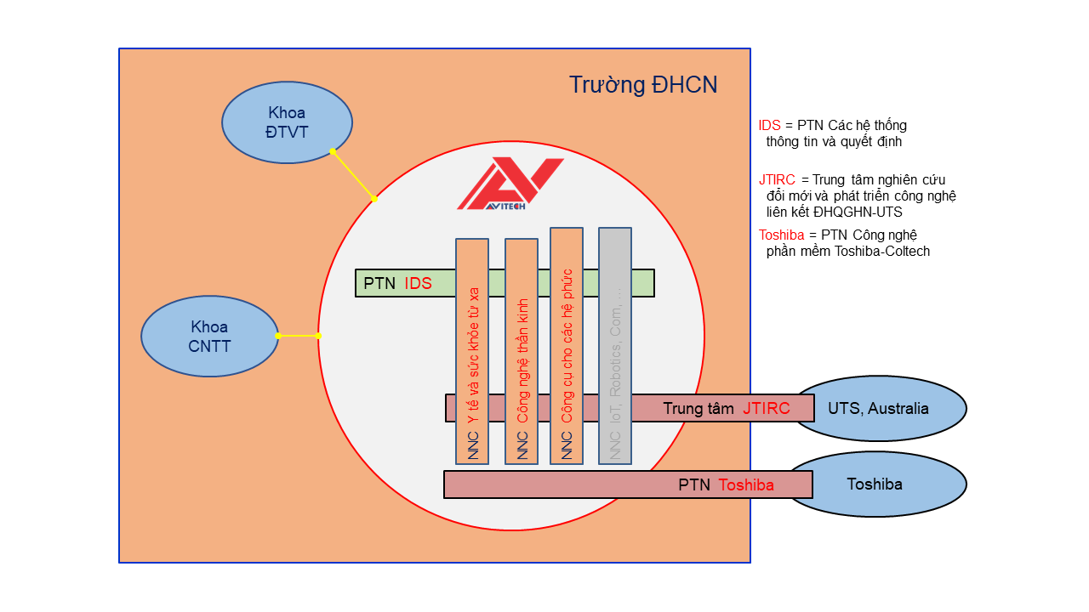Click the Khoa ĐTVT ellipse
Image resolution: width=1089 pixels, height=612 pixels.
tap(287, 122)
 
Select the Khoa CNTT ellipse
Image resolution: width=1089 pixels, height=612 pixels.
tap(209, 337)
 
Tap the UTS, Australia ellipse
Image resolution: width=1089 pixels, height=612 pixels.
tap(885, 409)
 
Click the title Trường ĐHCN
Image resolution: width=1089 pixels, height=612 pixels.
tap(643, 85)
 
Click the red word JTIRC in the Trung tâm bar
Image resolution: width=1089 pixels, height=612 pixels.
tap(766, 409)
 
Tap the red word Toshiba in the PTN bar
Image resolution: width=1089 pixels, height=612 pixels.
tap(746, 485)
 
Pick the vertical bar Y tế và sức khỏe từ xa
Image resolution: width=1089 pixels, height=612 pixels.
tap(472, 351)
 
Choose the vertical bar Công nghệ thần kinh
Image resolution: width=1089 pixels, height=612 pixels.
tap(522, 351)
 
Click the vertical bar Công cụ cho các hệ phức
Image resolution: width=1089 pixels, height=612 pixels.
tap(567, 345)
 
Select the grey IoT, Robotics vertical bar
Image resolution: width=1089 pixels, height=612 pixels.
tap(615, 345)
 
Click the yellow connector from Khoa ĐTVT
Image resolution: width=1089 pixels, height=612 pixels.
tap(354, 175)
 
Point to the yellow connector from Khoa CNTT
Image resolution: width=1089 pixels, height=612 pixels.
tap(299, 336)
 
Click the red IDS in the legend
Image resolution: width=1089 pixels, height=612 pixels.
tap(769, 126)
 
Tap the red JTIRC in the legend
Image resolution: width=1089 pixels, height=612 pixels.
tap(777, 180)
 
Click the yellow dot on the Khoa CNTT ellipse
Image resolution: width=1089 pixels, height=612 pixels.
tap(278, 336)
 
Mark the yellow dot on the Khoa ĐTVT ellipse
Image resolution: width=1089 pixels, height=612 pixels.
tap(333, 151)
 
